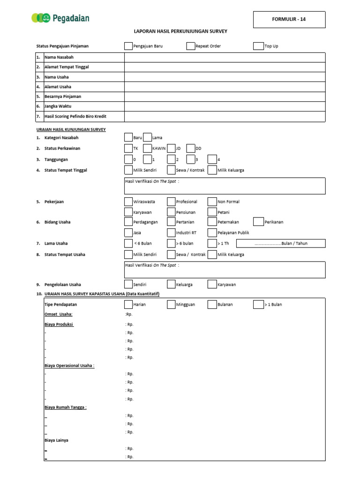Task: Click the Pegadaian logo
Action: click(60, 19)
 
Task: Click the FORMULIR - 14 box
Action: click(289, 20)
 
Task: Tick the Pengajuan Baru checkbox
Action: click(128, 46)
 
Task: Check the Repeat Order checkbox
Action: click(190, 46)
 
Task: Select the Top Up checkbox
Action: click(258, 46)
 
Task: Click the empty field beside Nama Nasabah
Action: click(225, 57)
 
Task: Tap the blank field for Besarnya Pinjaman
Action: click(225, 97)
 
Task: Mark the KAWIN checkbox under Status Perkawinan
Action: click(147, 149)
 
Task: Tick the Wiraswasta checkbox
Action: click(128, 202)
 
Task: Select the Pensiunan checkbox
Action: click(172, 212)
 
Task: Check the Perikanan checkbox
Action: click(258, 222)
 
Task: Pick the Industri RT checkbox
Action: click(172, 232)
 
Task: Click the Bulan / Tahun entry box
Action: click(281, 243)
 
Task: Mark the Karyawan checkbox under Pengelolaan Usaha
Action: click(212, 284)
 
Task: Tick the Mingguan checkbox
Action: click(172, 304)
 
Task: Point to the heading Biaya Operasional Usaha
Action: click(69, 366)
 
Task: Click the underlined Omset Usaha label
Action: click(59, 314)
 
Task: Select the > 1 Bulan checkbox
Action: click(258, 304)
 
